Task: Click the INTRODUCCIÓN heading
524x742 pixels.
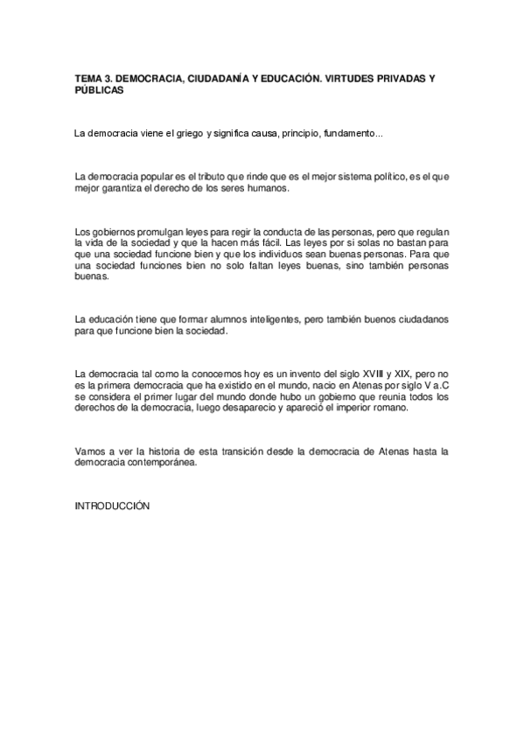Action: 113,507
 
